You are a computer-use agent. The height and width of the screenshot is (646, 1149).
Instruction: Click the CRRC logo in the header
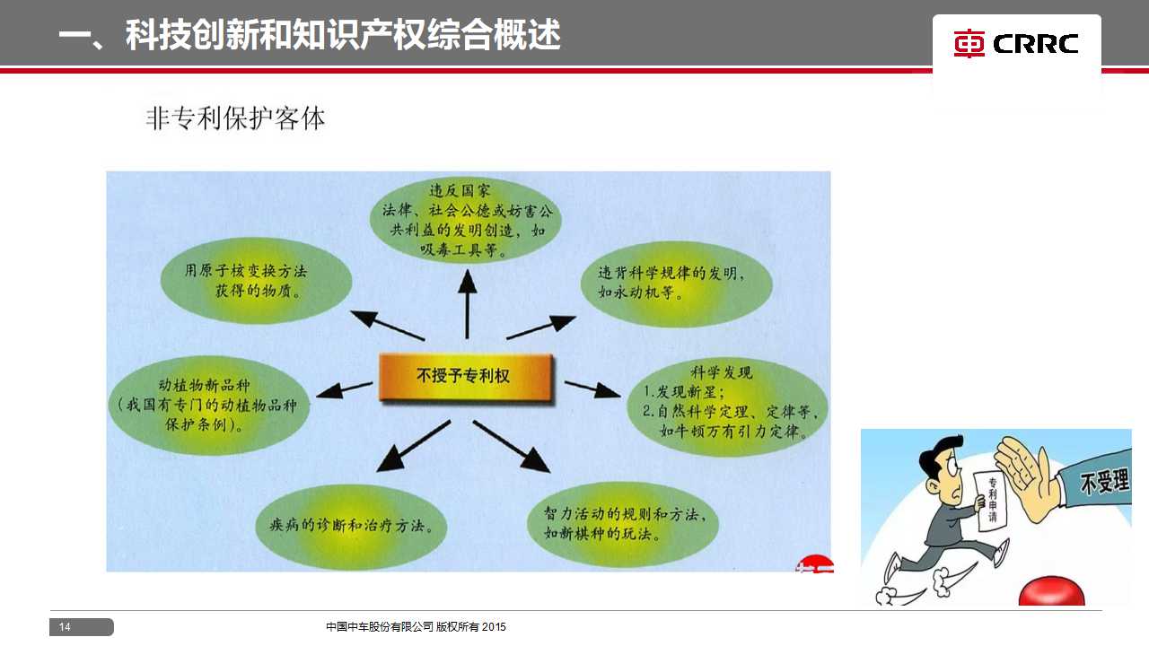(x=1015, y=44)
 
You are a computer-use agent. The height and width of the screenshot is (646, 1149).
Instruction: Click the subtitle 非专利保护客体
(x=235, y=118)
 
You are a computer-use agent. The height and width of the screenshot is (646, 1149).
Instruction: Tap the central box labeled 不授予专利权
(x=466, y=377)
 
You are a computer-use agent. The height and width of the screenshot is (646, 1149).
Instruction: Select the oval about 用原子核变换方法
(x=256, y=281)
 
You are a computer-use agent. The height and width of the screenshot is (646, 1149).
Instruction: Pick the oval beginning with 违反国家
(x=465, y=221)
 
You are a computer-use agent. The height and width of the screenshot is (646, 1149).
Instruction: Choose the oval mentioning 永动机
(x=676, y=284)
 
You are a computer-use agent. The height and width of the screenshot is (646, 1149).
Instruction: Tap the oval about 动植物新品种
(x=209, y=405)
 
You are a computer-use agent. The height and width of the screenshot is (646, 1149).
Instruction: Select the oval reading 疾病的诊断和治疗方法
(x=351, y=527)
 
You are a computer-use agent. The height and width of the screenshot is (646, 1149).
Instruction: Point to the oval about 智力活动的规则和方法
(x=623, y=525)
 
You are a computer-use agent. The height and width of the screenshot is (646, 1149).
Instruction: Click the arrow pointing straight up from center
(x=468, y=304)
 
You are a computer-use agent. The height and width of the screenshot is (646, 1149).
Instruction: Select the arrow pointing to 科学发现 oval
(x=592, y=389)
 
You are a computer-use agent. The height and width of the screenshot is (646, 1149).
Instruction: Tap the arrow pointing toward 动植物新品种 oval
(x=344, y=390)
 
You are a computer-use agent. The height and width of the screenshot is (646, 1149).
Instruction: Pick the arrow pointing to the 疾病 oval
(x=414, y=446)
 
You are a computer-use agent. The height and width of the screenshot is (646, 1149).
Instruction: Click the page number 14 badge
(x=82, y=626)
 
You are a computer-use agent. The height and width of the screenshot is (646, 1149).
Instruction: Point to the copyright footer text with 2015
(x=416, y=626)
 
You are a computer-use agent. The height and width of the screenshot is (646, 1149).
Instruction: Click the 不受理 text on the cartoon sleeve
(x=1104, y=483)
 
